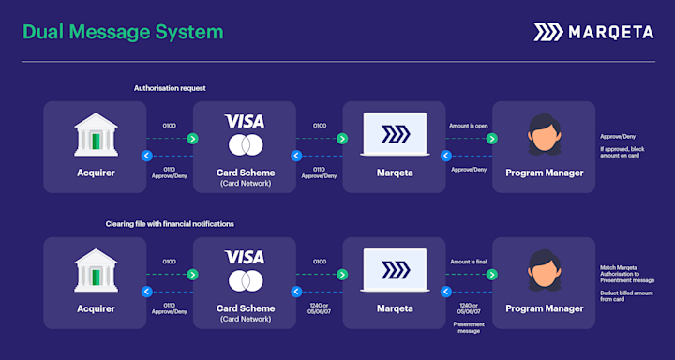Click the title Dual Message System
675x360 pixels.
(123, 32)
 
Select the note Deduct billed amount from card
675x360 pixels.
(625, 296)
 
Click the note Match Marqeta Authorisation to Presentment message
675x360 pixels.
(626, 273)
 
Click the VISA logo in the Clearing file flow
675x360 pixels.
(244, 256)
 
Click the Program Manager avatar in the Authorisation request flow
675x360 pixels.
(543, 135)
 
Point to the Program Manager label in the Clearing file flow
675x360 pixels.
(543, 307)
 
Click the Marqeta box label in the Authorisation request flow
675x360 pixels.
(394, 172)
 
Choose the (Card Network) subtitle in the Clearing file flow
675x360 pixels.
(244, 320)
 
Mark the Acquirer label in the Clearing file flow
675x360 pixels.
(95, 307)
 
